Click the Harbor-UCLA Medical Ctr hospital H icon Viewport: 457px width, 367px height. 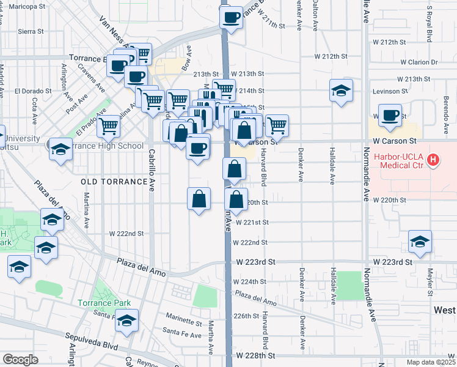click(433, 161)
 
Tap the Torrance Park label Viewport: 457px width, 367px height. click(104, 303)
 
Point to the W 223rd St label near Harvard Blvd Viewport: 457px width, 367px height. click(255, 262)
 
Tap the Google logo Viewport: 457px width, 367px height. click(20, 360)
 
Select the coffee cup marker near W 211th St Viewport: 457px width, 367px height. click(232, 18)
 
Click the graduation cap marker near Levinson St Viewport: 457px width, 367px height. click(341, 92)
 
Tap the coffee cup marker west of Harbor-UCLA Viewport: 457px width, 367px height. click(390, 116)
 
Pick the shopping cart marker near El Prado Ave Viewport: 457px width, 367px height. click(108, 127)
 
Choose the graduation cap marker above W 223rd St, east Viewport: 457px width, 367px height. click(420, 242)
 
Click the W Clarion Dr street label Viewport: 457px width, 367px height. click(419, 62)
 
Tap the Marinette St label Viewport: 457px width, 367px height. click(184, 322)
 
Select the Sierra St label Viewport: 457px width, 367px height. click(31, 31)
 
